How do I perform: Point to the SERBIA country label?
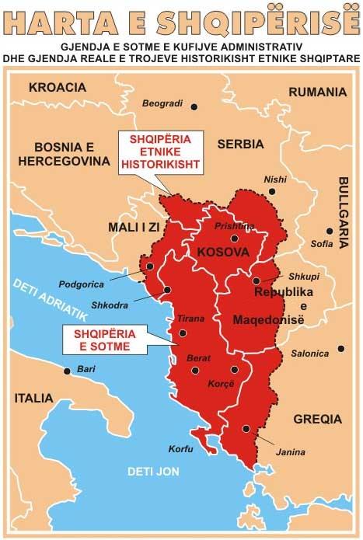[x=240, y=144]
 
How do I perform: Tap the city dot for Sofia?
[x=330, y=231]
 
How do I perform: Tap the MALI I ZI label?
[x=136, y=227]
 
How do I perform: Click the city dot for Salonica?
[x=339, y=349]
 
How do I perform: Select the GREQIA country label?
[x=317, y=418]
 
